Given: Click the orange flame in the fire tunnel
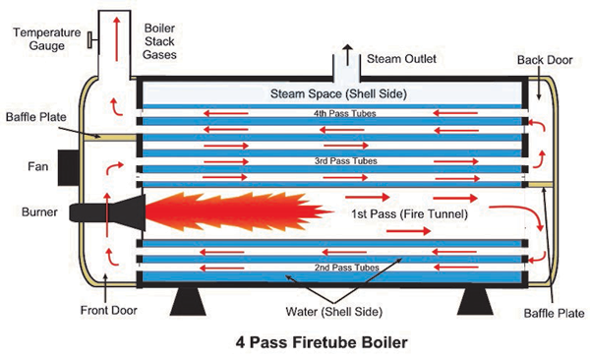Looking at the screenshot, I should click(x=226, y=209).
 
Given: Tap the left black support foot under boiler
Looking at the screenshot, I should click(x=190, y=302).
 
